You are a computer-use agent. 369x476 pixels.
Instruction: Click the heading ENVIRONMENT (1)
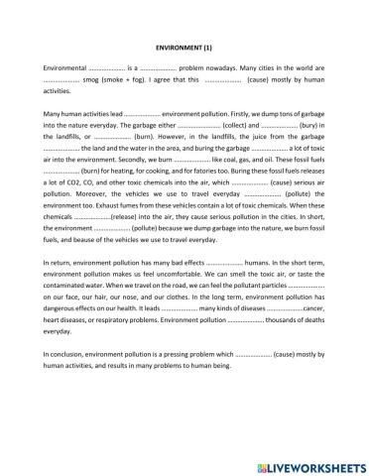click(x=184, y=46)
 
